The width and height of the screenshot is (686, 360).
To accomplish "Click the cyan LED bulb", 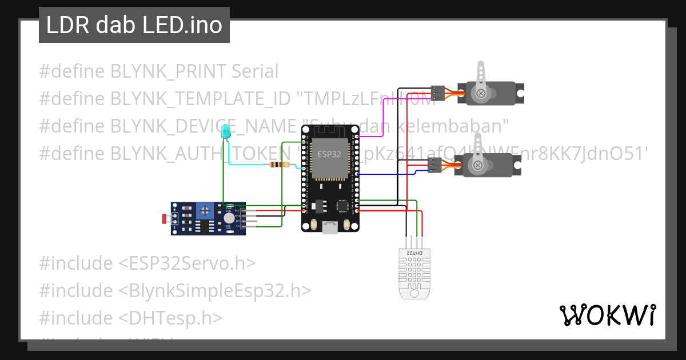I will (x=226, y=131).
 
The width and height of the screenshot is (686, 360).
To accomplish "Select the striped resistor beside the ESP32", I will (x=279, y=165).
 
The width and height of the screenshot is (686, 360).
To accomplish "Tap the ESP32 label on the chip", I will (x=329, y=154).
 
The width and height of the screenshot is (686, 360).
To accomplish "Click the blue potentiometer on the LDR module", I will (x=204, y=211).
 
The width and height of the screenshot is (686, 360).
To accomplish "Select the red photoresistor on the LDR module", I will (x=166, y=218).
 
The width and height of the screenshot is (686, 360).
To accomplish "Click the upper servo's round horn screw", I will (x=481, y=93).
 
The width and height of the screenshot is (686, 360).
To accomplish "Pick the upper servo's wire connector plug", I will (x=438, y=92).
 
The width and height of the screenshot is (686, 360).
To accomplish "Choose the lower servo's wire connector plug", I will (x=434, y=165).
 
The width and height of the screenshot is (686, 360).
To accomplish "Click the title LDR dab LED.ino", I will (x=134, y=25).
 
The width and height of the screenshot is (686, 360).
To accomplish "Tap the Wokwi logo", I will (x=607, y=315).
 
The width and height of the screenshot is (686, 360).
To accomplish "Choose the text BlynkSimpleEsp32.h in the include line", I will (x=215, y=290).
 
